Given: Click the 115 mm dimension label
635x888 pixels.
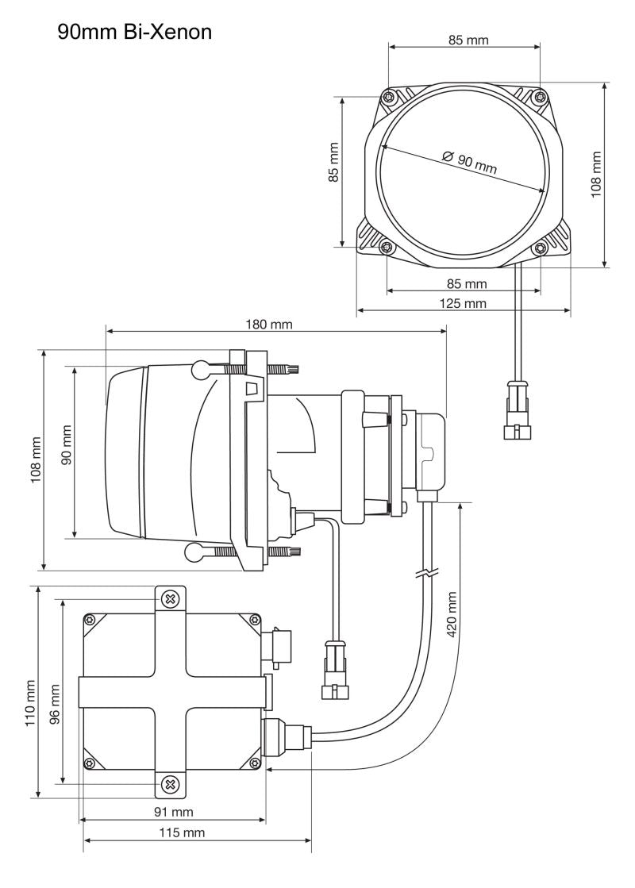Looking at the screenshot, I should coord(182,832).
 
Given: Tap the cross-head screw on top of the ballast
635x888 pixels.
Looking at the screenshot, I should coord(169,598).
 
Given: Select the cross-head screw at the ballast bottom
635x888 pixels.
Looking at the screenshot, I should coord(169,785).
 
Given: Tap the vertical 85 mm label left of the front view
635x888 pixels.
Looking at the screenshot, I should coord(333,163).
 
